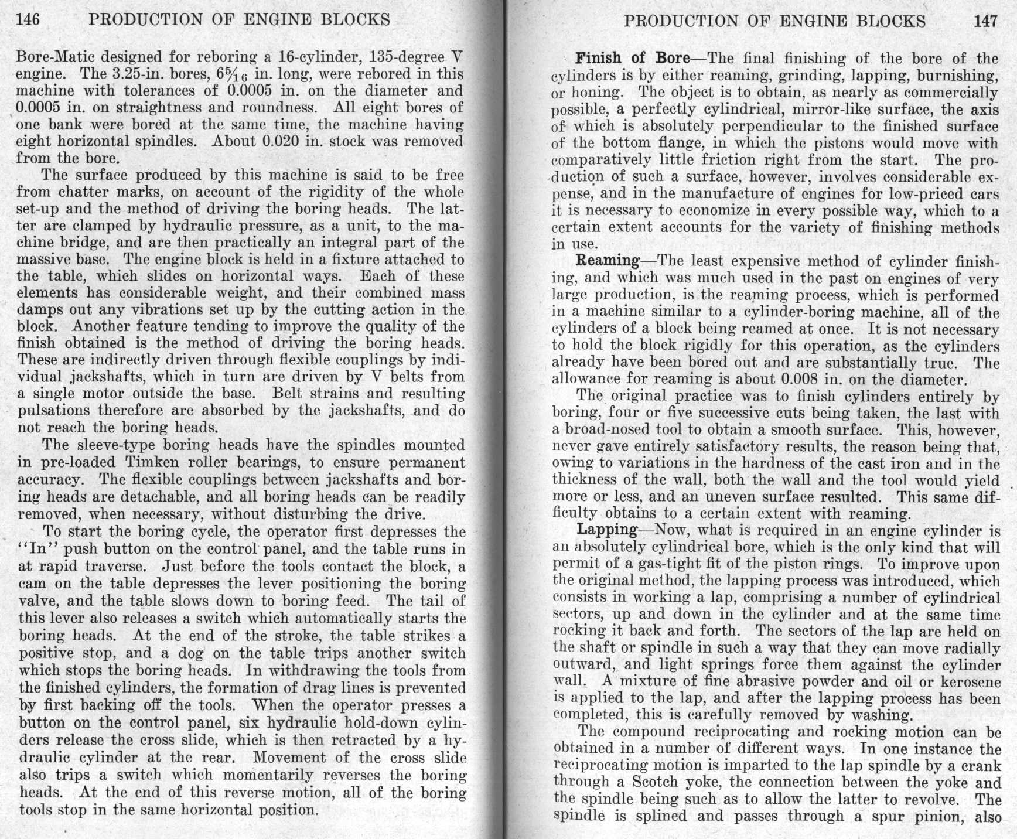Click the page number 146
tap(28, 20)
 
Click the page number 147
tap(985, 22)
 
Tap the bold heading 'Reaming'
tap(608, 261)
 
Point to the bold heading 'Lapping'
tap(607, 530)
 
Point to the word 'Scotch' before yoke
tap(655, 782)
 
